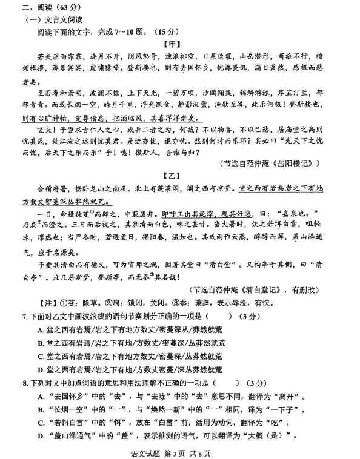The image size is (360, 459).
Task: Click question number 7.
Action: pyautogui.click(x=24, y=332)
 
